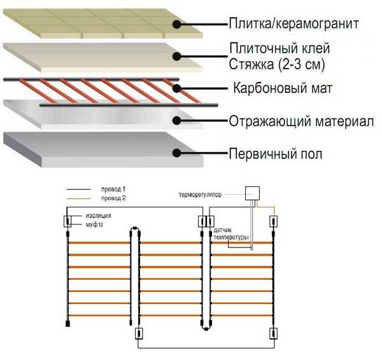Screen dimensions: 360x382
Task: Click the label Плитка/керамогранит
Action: [x=299, y=24]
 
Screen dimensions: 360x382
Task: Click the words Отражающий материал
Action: [x=301, y=120]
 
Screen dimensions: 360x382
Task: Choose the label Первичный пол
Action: [x=275, y=153]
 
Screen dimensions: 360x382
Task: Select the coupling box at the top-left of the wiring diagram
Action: [x=67, y=222]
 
